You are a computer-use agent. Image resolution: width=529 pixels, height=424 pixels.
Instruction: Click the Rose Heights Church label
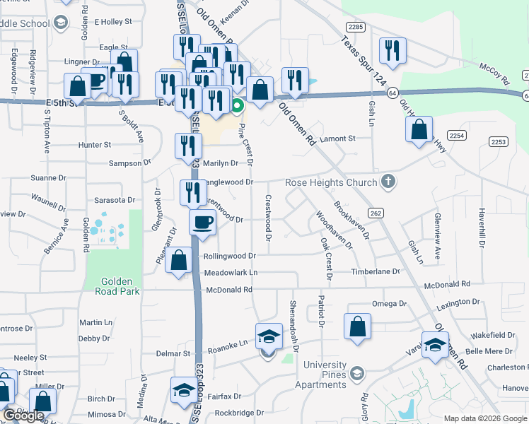(331, 183)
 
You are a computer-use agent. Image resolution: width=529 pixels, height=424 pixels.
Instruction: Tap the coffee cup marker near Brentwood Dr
(202, 222)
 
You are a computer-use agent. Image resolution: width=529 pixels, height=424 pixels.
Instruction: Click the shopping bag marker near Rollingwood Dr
(180, 259)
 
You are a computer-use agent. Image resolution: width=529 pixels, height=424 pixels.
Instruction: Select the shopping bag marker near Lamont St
(419, 129)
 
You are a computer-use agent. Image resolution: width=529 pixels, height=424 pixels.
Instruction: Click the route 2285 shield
(356, 26)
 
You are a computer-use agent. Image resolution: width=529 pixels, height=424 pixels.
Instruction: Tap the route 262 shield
(376, 213)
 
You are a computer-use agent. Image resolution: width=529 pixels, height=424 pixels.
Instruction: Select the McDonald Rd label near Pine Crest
(228, 290)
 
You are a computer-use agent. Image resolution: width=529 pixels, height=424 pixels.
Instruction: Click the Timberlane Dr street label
(377, 271)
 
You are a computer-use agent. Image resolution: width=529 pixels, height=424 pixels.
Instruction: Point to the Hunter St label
(95, 145)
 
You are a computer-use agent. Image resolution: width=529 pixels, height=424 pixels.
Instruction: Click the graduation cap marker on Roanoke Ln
(269, 336)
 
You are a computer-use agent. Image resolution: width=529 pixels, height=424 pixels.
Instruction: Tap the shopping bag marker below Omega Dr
(358, 326)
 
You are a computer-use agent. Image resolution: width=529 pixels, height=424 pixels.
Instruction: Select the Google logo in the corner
(23, 416)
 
